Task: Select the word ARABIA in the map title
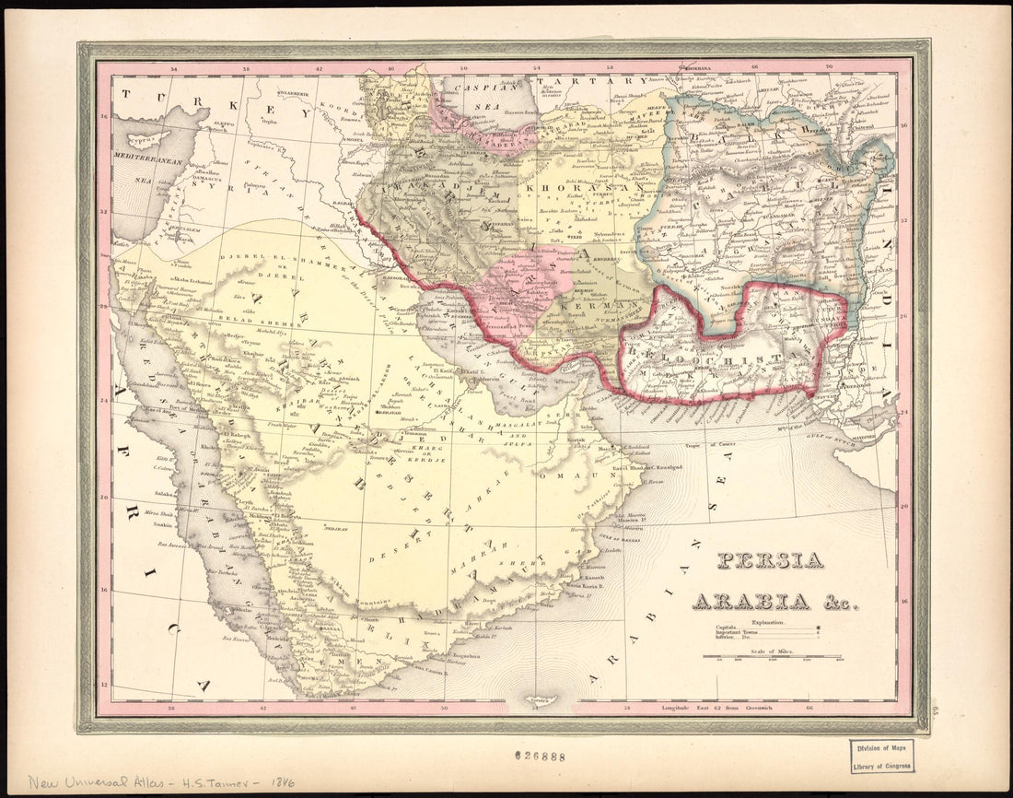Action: click(x=751, y=602)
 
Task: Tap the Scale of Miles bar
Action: click(x=773, y=657)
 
